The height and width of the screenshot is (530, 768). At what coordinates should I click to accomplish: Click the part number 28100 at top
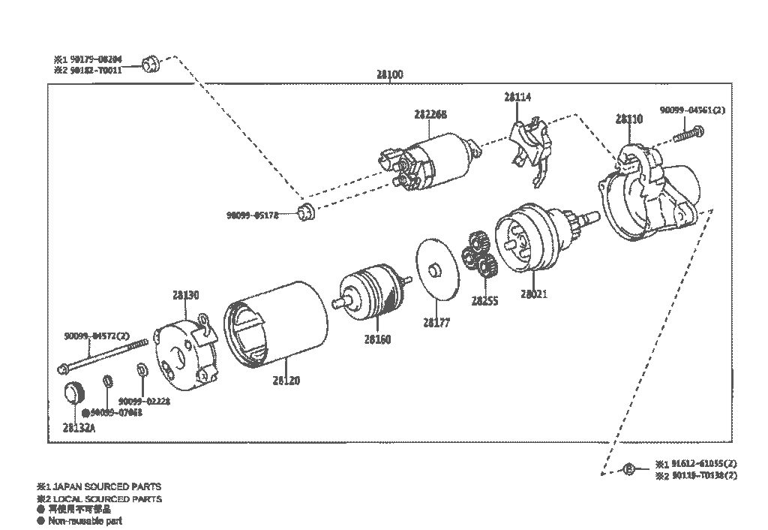(x=389, y=74)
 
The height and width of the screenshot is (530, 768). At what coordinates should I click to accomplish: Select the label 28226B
(x=430, y=114)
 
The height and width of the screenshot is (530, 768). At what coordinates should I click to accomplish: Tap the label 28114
(x=517, y=97)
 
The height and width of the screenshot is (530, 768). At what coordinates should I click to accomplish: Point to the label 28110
(x=628, y=119)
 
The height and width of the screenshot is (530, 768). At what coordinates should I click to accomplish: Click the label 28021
(x=533, y=294)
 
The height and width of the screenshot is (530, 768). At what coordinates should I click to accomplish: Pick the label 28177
(x=436, y=323)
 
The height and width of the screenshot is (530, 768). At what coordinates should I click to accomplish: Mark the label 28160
(x=377, y=339)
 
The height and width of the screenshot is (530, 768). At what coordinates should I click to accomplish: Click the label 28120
(x=286, y=381)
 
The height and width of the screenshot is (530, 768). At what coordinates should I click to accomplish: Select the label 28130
(x=185, y=296)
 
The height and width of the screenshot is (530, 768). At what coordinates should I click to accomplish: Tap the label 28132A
(x=79, y=427)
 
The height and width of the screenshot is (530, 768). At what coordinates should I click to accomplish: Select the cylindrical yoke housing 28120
(x=277, y=327)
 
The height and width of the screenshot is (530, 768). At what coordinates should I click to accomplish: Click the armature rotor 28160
(x=372, y=294)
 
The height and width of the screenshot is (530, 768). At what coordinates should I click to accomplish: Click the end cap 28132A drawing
(x=73, y=393)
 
